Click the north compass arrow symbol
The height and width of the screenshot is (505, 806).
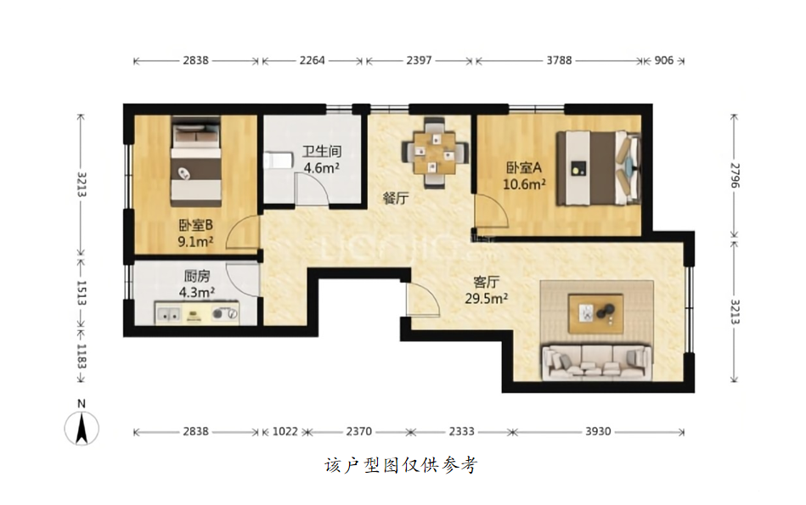[x=82, y=428]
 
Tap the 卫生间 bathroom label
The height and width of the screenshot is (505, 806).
[x=322, y=151]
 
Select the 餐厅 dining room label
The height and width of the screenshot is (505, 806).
[x=396, y=198]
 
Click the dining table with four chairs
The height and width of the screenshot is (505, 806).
[x=436, y=153]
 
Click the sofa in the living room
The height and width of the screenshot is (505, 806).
[x=597, y=362]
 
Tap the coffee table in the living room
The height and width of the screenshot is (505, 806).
[x=595, y=313]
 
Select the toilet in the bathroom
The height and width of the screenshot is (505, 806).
[x=277, y=160]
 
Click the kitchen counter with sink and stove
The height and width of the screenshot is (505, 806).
[x=197, y=313]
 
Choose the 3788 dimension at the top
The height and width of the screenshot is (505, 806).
[x=559, y=60]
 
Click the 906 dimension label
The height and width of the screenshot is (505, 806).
[x=663, y=60]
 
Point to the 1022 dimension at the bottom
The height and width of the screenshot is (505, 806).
[x=285, y=431]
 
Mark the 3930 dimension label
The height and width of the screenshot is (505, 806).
[x=598, y=431]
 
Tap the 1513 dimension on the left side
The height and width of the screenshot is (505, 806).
[x=82, y=292]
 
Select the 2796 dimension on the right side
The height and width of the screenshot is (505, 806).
[x=735, y=176]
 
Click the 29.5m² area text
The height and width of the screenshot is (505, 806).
[x=487, y=299]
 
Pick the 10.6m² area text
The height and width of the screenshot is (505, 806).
[x=524, y=184]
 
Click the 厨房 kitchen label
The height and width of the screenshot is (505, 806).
[x=197, y=277]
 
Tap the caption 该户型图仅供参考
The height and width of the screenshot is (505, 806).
[x=401, y=465]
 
